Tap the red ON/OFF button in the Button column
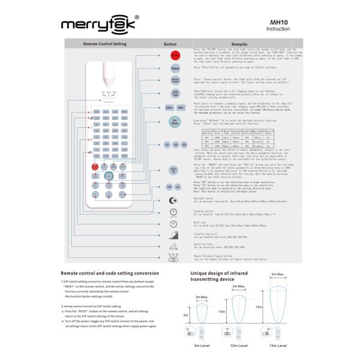[x=176, y=55]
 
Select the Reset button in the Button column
[x=176, y=68]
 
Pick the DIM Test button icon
[x=176, y=93]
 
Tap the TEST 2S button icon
[x=176, y=170]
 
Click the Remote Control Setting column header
[x=105, y=44]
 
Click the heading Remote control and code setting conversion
[x=113, y=273]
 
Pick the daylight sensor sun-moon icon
[x=174, y=200]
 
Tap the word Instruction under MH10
[x=278, y=29]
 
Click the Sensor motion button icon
[x=176, y=80]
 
